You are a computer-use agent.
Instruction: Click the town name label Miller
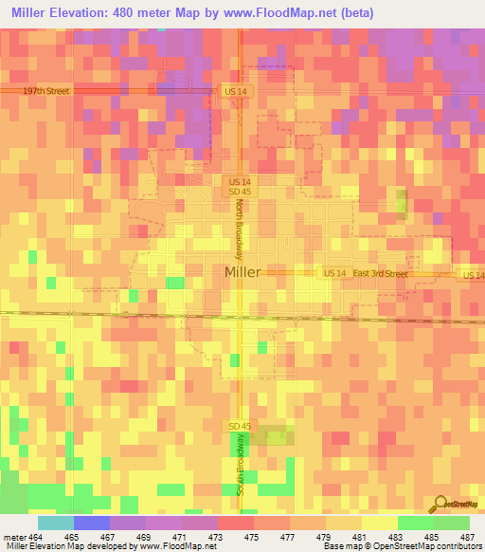(x=242, y=272)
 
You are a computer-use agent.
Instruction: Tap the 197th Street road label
(x=48, y=91)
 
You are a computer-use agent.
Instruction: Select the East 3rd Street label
(x=381, y=273)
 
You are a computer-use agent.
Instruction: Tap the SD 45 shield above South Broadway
(x=238, y=426)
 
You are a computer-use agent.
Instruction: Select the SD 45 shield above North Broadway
(x=238, y=191)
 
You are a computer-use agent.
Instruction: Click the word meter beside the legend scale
(x=11, y=536)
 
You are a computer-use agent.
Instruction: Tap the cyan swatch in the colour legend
(x=55, y=523)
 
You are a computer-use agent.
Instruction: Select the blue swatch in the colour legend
(x=91, y=523)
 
